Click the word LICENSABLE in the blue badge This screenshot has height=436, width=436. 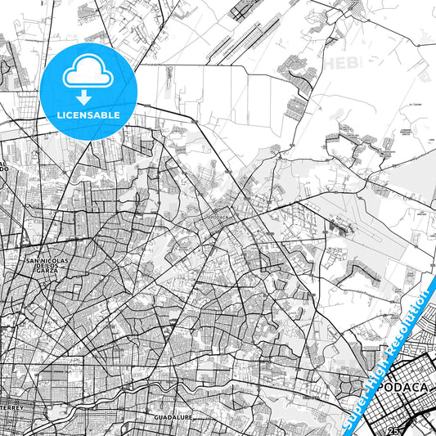(x=89, y=115)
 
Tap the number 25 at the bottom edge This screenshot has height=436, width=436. (x=394, y=430)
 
